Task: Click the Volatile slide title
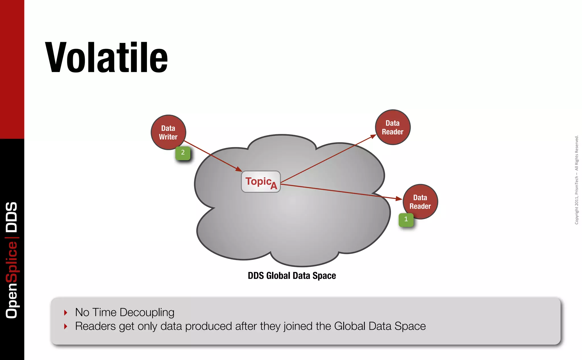[106, 57]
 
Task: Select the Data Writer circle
[168, 133]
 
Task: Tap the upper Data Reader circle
[392, 127]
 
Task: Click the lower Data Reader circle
[420, 202]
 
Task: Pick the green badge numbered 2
[183, 153]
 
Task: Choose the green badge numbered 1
[406, 219]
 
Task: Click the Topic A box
[261, 182]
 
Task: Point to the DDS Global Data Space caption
[292, 276]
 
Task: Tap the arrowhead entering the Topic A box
[239, 169]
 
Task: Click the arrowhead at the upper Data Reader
[373, 137]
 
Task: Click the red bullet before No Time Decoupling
[66, 313]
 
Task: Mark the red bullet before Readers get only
[66, 326]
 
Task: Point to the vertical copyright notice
[576, 180]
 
